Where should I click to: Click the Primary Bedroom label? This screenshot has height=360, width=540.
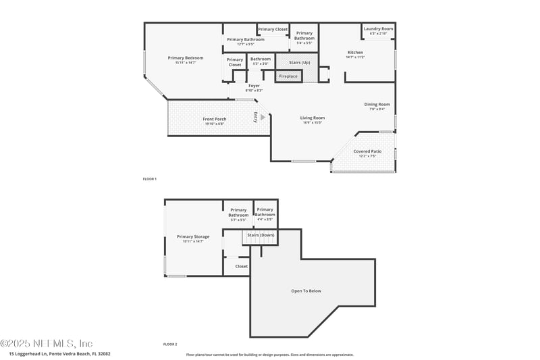(185, 58)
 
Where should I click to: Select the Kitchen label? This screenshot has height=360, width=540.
(355, 53)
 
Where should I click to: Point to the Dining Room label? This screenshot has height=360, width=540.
(377, 104)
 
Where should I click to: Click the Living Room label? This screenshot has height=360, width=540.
(312, 118)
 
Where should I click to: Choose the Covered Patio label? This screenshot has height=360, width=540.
(367, 151)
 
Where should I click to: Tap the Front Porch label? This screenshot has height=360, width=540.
(215, 120)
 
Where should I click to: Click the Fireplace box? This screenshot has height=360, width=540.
(288, 76)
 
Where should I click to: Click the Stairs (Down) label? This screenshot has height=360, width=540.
(261, 235)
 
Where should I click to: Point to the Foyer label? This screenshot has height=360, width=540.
(254, 86)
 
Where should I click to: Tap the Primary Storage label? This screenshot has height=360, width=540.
(193, 236)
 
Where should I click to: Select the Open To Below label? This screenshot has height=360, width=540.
(306, 291)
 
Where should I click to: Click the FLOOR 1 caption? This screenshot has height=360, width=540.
(149, 179)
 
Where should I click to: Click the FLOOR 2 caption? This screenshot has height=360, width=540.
(170, 344)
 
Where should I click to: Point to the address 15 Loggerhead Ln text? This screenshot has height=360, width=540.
(59, 353)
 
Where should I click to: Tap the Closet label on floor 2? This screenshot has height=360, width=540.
(241, 266)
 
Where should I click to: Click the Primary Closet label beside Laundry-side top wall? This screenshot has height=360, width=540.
(273, 30)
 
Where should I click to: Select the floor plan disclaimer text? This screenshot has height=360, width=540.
(269, 354)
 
